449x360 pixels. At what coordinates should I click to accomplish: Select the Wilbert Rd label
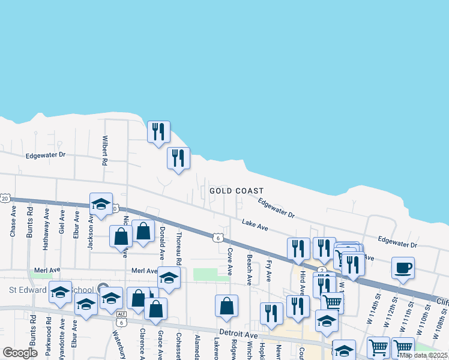[x=104, y=151]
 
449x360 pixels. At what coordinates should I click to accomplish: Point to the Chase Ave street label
[x=13, y=222]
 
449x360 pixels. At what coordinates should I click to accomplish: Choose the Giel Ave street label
[x=62, y=222]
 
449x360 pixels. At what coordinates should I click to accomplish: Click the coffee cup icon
[x=403, y=267]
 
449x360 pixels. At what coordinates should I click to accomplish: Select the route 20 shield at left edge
[x=5, y=198]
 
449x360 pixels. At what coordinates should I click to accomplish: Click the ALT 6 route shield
[x=122, y=319]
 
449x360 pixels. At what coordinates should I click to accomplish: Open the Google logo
[x=20, y=353]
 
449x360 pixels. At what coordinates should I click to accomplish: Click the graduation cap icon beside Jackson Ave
[x=101, y=204]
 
